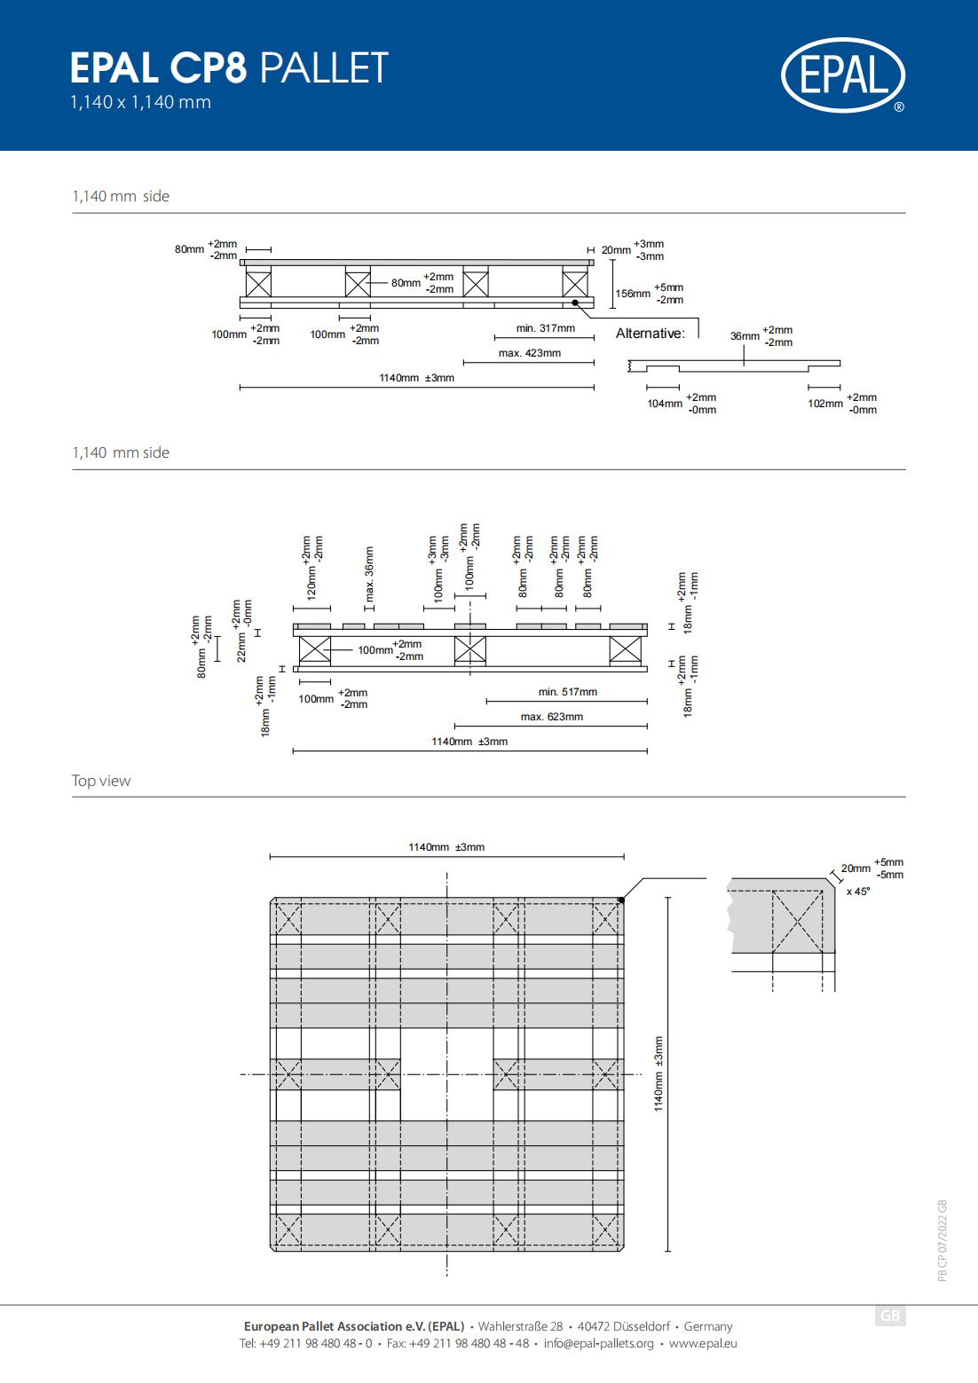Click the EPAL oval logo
pyautogui.click(x=843, y=75)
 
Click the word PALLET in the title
pyautogui.click(x=324, y=67)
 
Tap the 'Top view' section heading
pyautogui.click(x=100, y=781)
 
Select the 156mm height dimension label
pyautogui.click(x=633, y=294)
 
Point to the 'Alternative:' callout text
pyautogui.click(x=650, y=334)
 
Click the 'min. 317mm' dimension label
pyautogui.click(x=546, y=328)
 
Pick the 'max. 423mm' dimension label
pyautogui.click(x=530, y=353)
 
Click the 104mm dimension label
pyautogui.click(x=665, y=403)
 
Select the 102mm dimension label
pyautogui.click(x=825, y=403)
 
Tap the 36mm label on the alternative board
pyautogui.click(x=745, y=336)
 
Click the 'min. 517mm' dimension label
pyautogui.click(x=568, y=692)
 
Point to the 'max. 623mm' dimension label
pyautogui.click(x=552, y=717)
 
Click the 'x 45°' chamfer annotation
pyautogui.click(x=858, y=892)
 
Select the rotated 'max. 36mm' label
pyautogui.click(x=369, y=574)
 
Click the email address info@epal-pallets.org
pyautogui.click(x=599, y=1343)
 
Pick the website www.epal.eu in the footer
pyautogui.click(x=703, y=1343)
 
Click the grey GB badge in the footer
pyautogui.click(x=890, y=1316)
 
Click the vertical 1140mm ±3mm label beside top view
pyautogui.click(x=659, y=1073)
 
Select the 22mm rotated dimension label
pyautogui.click(x=241, y=647)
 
